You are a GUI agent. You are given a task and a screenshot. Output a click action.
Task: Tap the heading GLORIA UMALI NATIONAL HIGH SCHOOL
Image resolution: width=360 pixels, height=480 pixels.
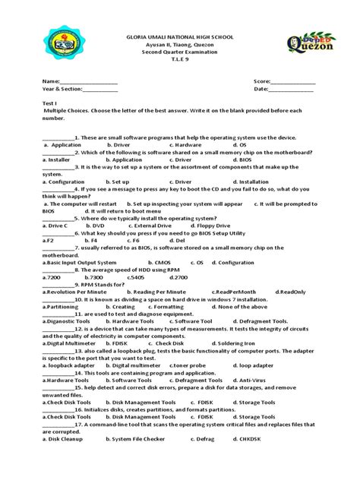tap(179, 36)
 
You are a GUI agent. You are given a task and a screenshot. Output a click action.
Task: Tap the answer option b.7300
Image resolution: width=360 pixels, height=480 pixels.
tap(93, 277)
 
